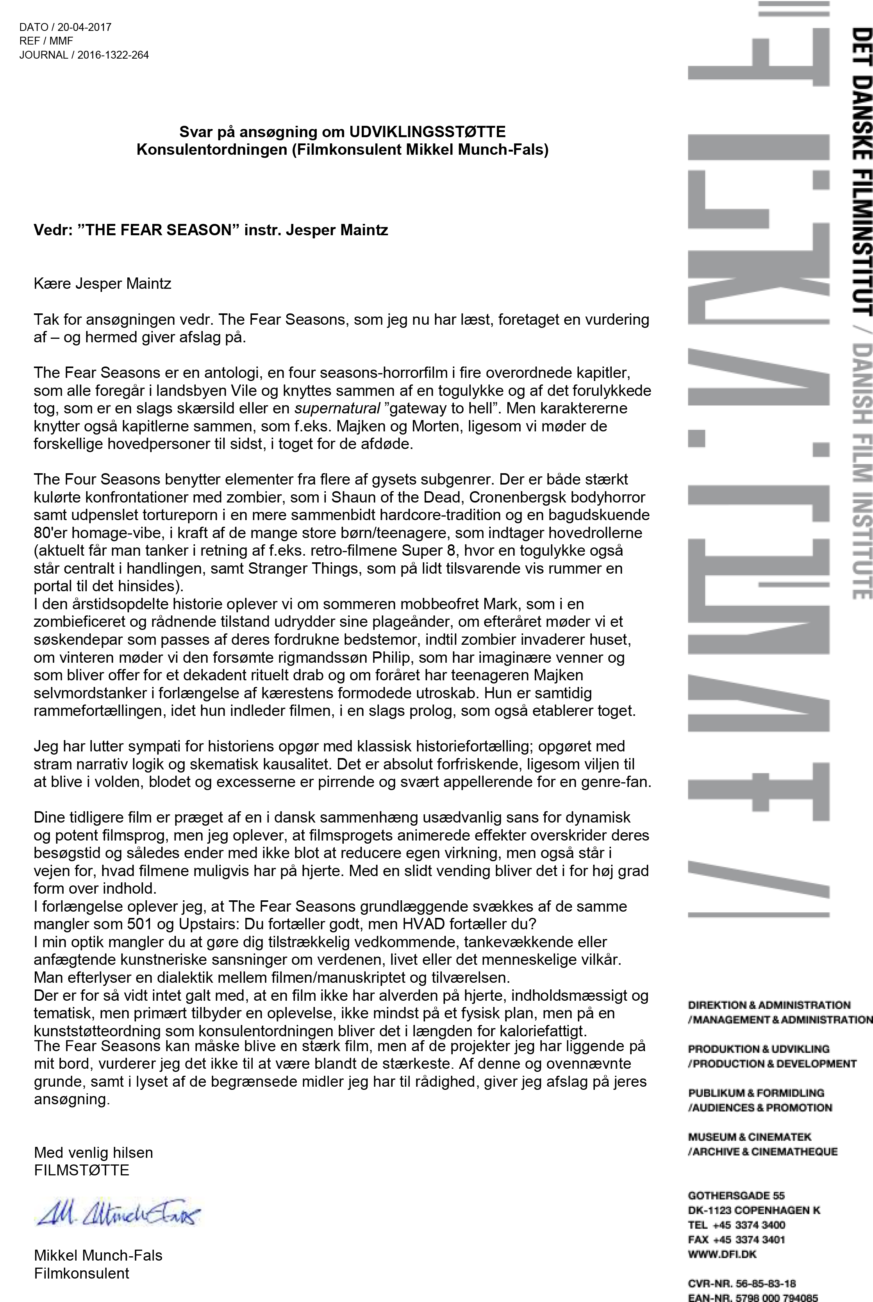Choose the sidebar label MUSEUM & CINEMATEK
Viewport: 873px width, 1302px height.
[750, 1137]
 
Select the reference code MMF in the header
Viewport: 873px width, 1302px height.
[61, 41]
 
